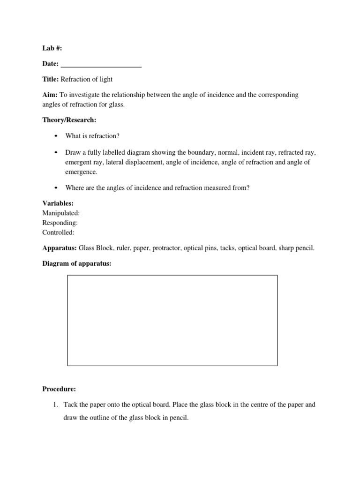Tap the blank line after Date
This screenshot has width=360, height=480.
point(101,64)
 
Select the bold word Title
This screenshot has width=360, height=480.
point(50,79)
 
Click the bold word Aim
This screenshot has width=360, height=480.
point(49,95)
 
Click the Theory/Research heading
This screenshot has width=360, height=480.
point(69,120)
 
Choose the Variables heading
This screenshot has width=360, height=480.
point(58,203)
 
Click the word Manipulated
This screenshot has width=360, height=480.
point(61,213)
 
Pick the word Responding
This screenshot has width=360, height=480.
point(60,223)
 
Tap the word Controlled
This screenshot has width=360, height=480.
point(58,232)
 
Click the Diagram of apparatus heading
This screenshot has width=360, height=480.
point(77,263)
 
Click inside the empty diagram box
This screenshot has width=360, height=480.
point(172,320)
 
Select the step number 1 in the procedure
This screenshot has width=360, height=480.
point(54,405)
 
